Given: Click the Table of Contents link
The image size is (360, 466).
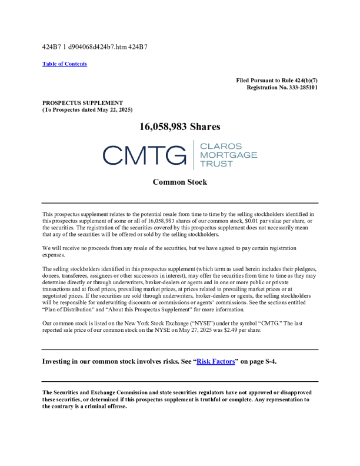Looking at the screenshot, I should pos(65,64).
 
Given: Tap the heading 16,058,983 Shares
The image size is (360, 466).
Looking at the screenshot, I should pos(179,127).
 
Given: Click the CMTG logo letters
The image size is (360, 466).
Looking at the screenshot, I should pos(144,155).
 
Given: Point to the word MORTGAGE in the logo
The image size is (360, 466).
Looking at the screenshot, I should pos(229,155).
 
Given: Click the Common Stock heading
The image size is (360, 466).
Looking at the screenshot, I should pos(179,182).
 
